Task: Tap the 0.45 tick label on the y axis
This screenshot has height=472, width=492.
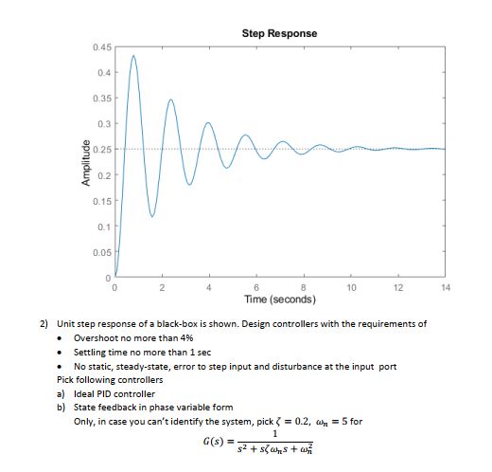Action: tap(103, 47)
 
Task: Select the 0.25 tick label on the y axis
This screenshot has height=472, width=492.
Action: tap(103, 150)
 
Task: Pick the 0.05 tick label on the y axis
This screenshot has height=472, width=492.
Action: tap(103, 252)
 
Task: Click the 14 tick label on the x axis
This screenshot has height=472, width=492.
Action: tap(445, 286)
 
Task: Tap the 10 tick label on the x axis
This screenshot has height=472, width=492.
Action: tap(350, 286)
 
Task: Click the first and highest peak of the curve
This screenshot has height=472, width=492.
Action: tap(133, 56)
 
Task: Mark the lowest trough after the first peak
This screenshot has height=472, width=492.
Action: tap(152, 217)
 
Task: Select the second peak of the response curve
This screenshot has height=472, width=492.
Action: tap(171, 99)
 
